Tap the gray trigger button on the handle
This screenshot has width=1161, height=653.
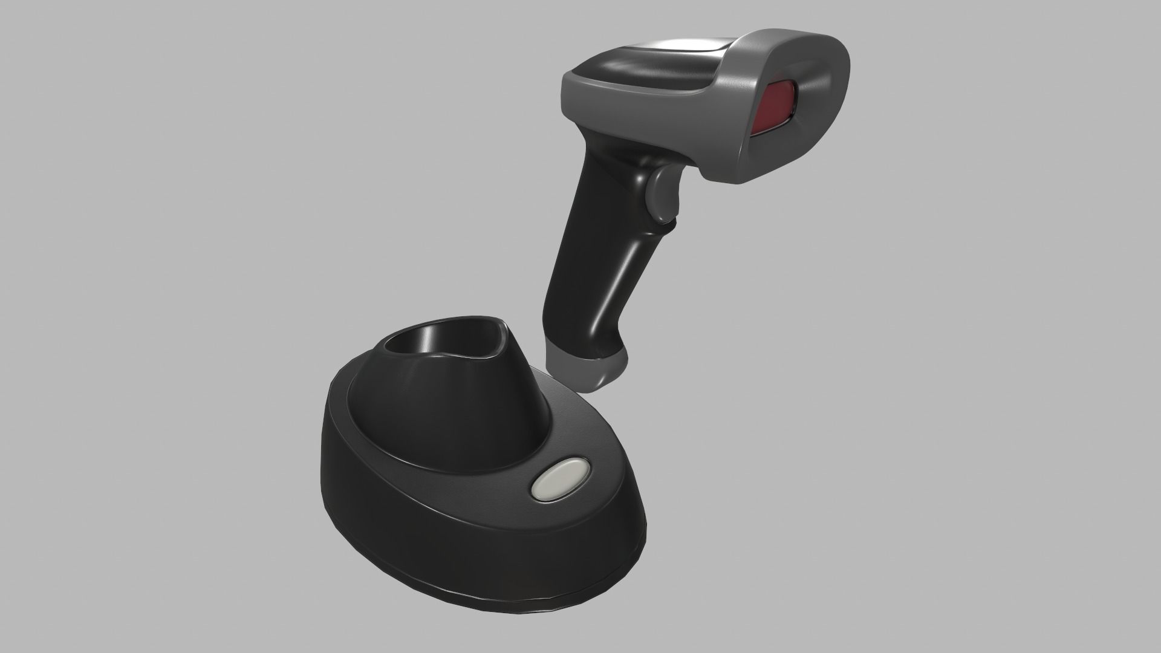(660, 193)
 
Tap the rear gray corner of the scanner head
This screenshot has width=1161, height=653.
(574, 85)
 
